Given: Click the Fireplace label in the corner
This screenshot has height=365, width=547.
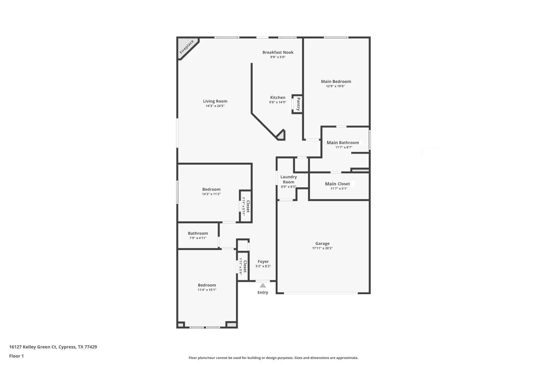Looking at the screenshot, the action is [x=187, y=47].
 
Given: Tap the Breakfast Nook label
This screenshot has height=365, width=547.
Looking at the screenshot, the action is [x=278, y=52].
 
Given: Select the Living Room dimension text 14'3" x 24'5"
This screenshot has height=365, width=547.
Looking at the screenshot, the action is [x=215, y=106].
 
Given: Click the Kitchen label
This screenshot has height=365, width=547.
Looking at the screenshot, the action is [x=278, y=97].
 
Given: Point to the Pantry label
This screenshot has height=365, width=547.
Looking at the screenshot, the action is [x=298, y=104].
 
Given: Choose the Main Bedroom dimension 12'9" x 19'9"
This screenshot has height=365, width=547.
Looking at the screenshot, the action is [x=335, y=86].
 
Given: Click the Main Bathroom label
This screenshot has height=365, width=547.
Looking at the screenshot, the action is [x=343, y=142].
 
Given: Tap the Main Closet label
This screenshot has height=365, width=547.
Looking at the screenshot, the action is [x=337, y=184].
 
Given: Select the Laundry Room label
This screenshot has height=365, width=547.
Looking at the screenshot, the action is [x=289, y=179].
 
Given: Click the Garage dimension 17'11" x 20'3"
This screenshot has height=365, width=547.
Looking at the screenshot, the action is [x=322, y=248].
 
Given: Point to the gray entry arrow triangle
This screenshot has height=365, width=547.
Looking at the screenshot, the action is [x=263, y=285].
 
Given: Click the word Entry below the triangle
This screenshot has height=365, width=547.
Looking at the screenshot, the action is [x=263, y=292].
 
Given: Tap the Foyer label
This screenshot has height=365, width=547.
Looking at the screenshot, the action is [x=263, y=261].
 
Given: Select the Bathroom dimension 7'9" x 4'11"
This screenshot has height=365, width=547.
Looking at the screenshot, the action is [x=198, y=238].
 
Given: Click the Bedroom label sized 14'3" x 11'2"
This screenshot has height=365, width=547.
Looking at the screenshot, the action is [x=211, y=189].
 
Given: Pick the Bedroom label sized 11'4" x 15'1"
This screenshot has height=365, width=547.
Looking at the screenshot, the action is [x=207, y=285].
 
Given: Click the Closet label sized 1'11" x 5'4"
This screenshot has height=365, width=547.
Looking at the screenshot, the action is [x=245, y=266].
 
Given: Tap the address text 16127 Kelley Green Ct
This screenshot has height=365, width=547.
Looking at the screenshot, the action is [x=33, y=347].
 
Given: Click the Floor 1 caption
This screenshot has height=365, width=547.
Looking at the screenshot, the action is [x=16, y=356].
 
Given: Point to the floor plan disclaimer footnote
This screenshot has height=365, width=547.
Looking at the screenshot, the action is [x=273, y=358].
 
